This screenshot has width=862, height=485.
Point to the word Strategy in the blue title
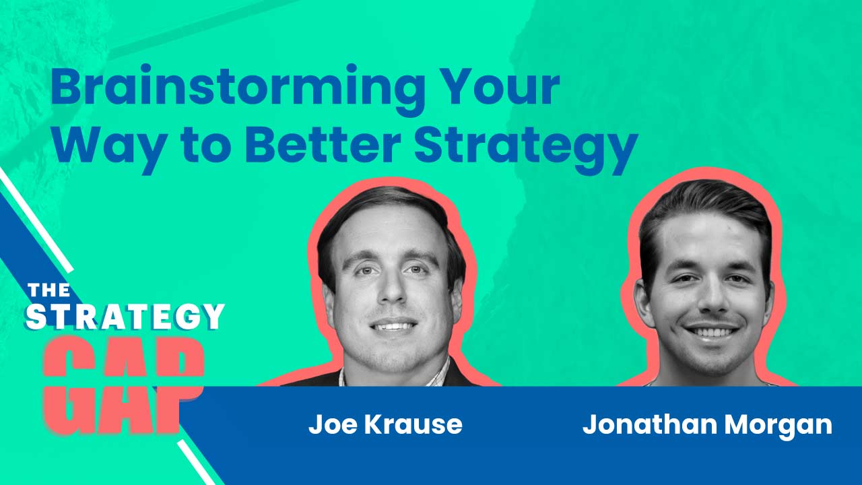pyautogui.click(x=525, y=147)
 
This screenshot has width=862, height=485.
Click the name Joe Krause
pyautogui.click(x=385, y=424)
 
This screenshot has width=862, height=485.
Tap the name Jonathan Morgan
pyautogui.click(x=706, y=424)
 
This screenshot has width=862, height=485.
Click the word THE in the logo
pyautogui.click(x=48, y=290)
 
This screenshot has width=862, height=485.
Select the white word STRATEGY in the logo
pyautogui.click(x=125, y=317)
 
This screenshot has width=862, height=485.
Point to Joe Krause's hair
pyautogui.click(x=384, y=209)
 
